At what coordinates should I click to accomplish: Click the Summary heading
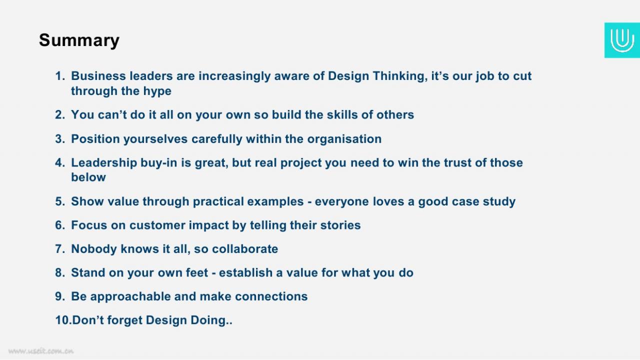pos(79,40)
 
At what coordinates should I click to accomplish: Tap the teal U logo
pos(622,40)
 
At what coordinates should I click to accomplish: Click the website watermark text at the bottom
pos(41,351)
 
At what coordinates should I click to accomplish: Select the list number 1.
pos(59,76)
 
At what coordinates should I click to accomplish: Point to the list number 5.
pos(60,201)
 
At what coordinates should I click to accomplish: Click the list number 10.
pos(63,320)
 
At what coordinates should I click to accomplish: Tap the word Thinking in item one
pos(400,76)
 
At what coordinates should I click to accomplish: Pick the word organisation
pos(344,139)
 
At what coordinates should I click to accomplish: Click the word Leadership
pos(104,163)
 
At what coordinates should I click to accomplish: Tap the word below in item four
pos(88,177)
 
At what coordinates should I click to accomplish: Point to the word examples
pos(275,202)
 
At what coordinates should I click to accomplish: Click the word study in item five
pos(499,202)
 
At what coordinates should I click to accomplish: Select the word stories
pos(340,225)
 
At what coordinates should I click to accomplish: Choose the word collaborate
pos(245,249)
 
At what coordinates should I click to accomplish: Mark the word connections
pos(271,296)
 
